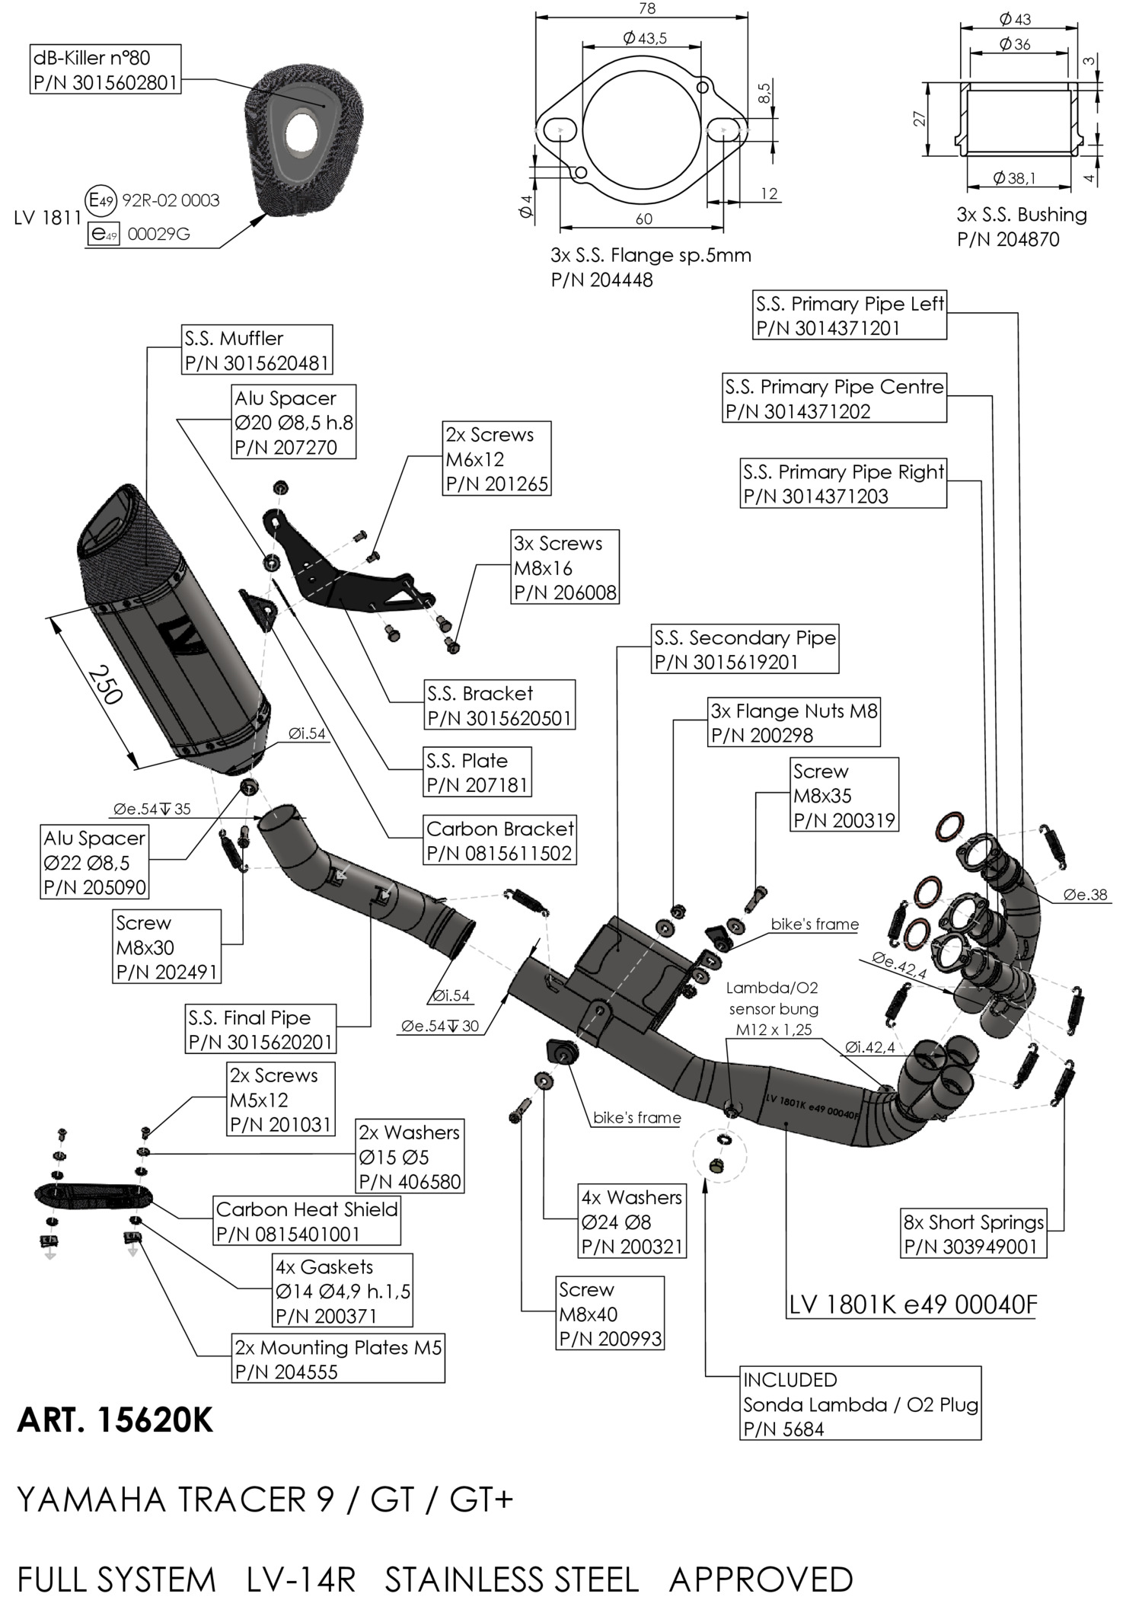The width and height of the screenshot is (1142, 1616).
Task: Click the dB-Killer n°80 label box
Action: (106, 69)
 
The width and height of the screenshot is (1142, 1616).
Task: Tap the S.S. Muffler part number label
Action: (257, 350)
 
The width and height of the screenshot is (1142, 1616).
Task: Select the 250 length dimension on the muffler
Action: (107, 685)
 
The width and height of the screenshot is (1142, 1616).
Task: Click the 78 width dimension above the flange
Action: (647, 9)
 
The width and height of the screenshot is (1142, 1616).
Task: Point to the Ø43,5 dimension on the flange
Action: (644, 38)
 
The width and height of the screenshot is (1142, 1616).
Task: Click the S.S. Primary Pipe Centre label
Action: (834, 398)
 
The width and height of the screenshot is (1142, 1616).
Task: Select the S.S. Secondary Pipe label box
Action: (745, 649)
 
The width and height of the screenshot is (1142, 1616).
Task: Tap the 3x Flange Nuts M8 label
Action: (793, 723)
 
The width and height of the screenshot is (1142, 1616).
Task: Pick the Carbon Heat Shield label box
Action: (307, 1221)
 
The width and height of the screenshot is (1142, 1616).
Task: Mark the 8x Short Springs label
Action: (973, 1234)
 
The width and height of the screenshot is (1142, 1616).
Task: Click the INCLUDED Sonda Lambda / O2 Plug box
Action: (860, 1404)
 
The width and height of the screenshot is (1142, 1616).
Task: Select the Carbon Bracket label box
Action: (499, 840)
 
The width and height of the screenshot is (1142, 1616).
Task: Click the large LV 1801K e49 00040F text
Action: (913, 1305)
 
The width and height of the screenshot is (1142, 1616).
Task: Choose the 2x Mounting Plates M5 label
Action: (338, 1359)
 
